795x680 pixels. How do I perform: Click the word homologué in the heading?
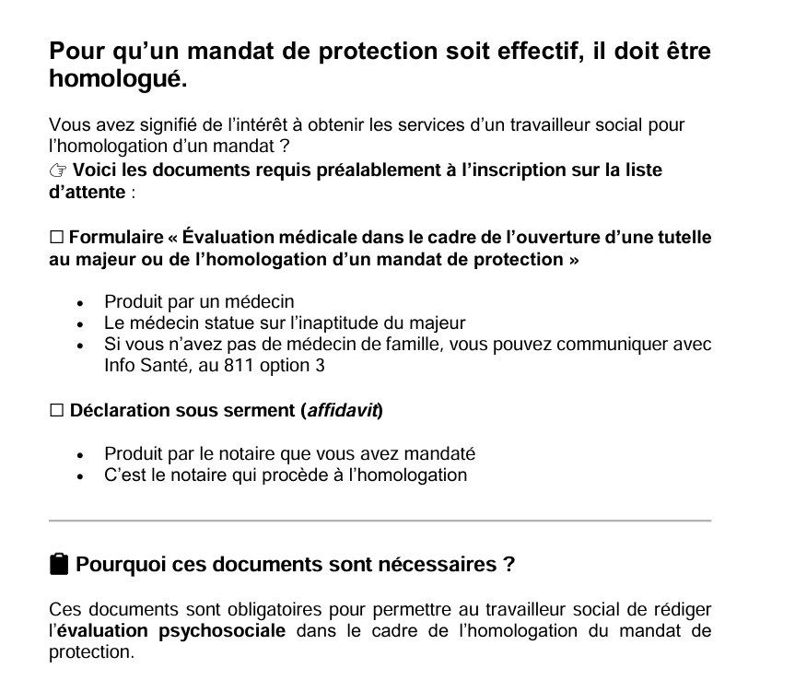click(x=117, y=80)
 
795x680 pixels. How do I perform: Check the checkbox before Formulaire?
click(x=56, y=237)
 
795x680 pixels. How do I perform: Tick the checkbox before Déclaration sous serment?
click(x=56, y=410)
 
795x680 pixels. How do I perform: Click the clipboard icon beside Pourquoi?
click(x=59, y=564)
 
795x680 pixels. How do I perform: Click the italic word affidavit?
click(x=342, y=410)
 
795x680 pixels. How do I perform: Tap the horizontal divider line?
click(x=380, y=522)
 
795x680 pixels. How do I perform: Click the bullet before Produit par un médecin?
click(x=82, y=302)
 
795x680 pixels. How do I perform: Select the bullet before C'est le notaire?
click(x=82, y=476)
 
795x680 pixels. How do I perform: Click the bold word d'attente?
click(x=86, y=193)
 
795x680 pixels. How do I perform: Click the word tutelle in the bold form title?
click(x=681, y=237)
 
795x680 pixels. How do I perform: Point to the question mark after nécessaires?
click(x=509, y=564)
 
